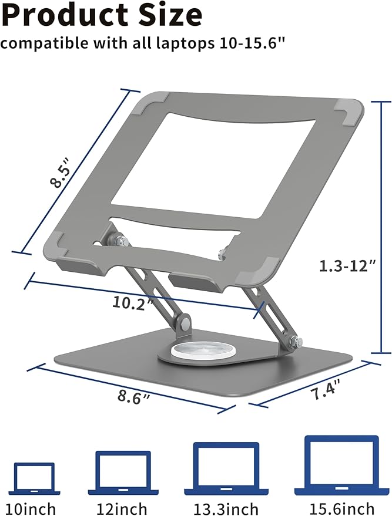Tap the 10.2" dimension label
[x=133, y=302]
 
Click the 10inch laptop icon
[x=35, y=478]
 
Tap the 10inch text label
[x=35, y=508]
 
